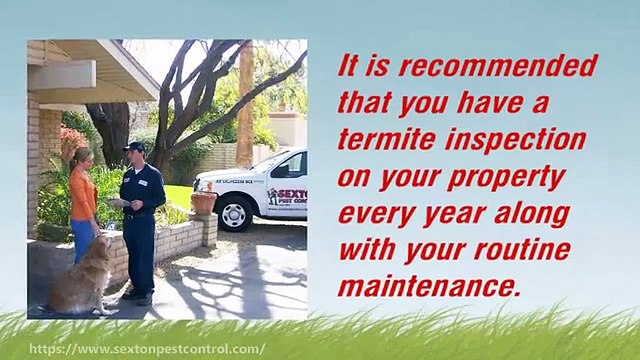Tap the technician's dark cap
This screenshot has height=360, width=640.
click(135, 147)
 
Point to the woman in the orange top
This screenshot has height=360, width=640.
click(83, 200)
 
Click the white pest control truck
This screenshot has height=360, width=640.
click(256, 185)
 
